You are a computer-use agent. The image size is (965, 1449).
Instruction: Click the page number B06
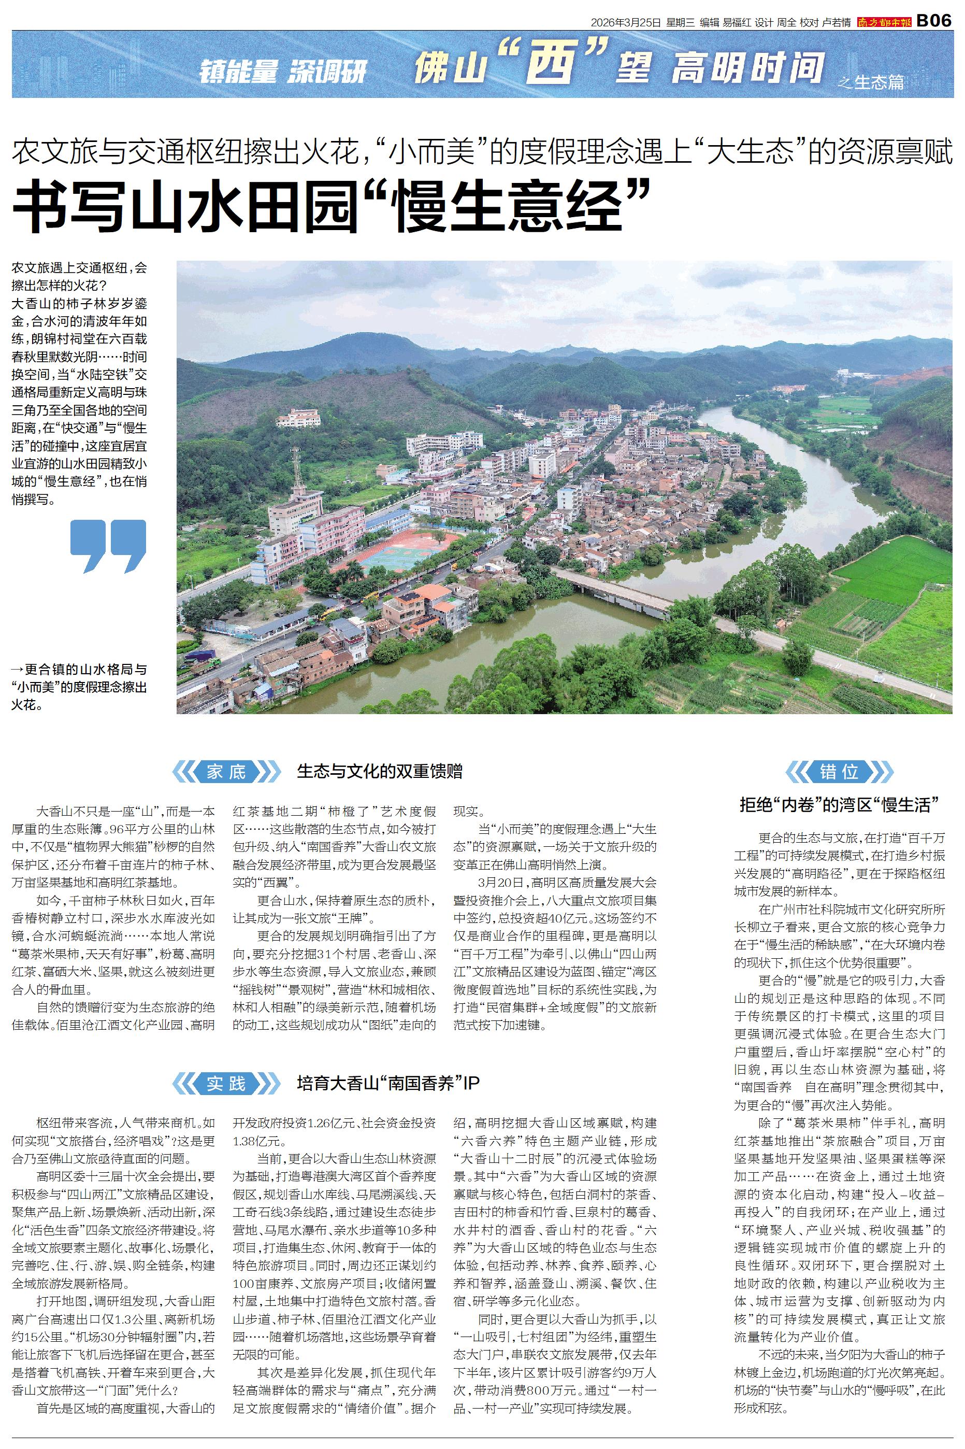934,21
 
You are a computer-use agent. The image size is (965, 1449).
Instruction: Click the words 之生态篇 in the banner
871,82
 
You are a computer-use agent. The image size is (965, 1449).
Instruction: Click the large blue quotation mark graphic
108,545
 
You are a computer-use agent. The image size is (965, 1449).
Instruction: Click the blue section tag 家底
226,771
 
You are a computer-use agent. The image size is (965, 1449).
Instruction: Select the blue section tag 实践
226,1083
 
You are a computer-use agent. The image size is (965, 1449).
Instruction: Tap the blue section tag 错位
839,771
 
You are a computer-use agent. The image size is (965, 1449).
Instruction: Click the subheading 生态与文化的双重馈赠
379,771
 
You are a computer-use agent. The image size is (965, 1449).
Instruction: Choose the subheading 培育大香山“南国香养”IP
388,1083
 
